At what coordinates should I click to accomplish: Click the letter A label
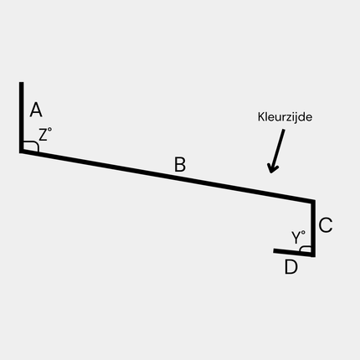pos(36,110)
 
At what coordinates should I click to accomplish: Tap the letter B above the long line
pos(180,164)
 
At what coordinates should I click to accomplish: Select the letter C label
pos(326,225)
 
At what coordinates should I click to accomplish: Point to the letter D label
pos(291,267)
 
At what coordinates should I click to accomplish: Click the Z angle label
pos(45,134)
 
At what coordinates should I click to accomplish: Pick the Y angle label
pos(298,238)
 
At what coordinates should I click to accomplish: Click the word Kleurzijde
pos(285,116)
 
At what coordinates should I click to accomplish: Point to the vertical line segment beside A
pos(21,117)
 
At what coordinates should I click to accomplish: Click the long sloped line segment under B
pos(167,177)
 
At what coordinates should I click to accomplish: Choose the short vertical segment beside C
pos(313,228)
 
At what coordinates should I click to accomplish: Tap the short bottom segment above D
pos(294,252)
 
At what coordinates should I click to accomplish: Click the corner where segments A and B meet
pos(21,151)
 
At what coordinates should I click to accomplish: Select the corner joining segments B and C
pos(313,201)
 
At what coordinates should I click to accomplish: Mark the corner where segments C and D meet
pos(313,255)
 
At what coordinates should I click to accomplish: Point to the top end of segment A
pos(21,82)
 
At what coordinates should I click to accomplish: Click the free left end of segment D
pos(274,250)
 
